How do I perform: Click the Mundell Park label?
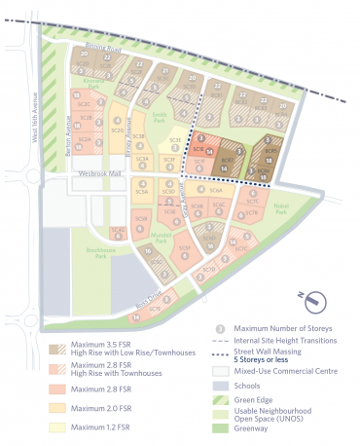162,238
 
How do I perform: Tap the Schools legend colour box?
221,385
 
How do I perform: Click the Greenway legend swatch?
221,426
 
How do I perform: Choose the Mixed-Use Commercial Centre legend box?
221,371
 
